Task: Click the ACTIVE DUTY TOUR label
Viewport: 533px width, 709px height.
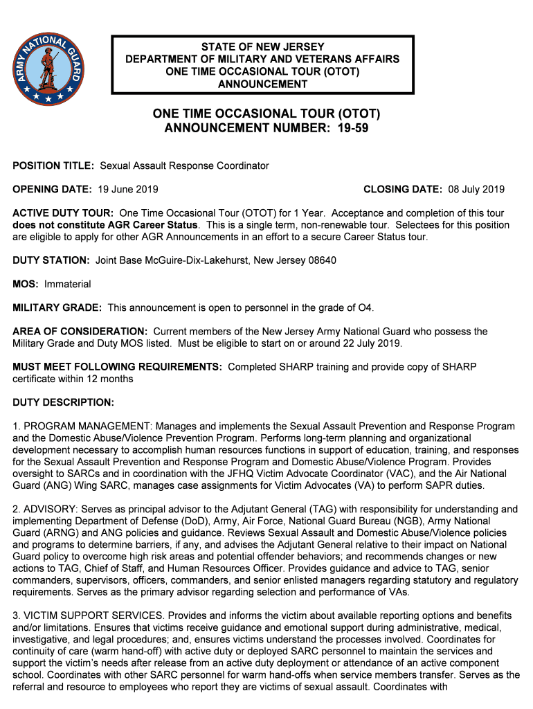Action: click(x=64, y=213)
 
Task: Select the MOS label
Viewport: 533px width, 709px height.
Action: click(x=26, y=284)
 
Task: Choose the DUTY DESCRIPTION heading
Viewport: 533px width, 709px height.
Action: click(x=63, y=402)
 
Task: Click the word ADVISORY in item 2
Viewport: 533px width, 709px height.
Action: click(x=48, y=509)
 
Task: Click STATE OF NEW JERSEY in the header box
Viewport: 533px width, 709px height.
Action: click(x=262, y=47)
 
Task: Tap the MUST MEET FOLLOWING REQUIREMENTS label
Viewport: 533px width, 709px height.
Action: click(x=117, y=367)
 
